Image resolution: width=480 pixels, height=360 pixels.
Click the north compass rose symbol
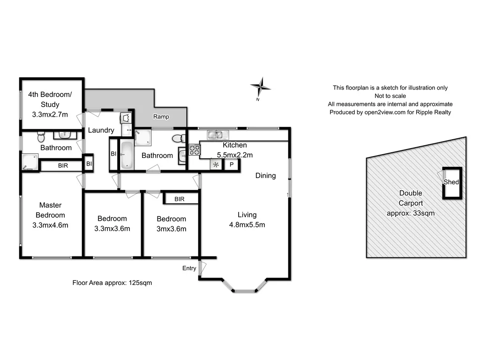(260, 86)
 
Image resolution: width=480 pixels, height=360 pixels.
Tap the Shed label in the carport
(451, 182)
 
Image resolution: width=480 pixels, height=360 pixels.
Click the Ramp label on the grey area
(162, 117)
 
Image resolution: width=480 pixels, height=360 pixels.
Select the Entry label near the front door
(189, 268)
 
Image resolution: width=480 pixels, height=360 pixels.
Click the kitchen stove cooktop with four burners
(194, 150)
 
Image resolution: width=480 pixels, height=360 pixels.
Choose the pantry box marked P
(231, 165)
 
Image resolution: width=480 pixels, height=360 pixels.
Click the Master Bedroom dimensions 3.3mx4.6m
(51, 225)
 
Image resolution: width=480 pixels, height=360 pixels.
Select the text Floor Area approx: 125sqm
(112, 283)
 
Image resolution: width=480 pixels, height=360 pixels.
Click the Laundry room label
(101, 130)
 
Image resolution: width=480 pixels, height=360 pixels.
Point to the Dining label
(265, 176)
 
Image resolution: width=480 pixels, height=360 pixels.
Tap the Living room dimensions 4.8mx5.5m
(247, 225)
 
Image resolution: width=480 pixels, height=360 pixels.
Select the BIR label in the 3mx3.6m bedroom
(179, 199)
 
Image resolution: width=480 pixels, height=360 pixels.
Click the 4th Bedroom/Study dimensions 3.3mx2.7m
(50, 114)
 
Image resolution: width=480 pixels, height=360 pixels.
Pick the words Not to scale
(390, 96)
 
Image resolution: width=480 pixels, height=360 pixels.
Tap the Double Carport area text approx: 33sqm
(411, 213)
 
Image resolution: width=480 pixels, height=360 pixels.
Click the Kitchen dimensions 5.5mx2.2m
(235, 155)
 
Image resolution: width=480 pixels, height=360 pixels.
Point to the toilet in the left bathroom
(41, 137)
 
